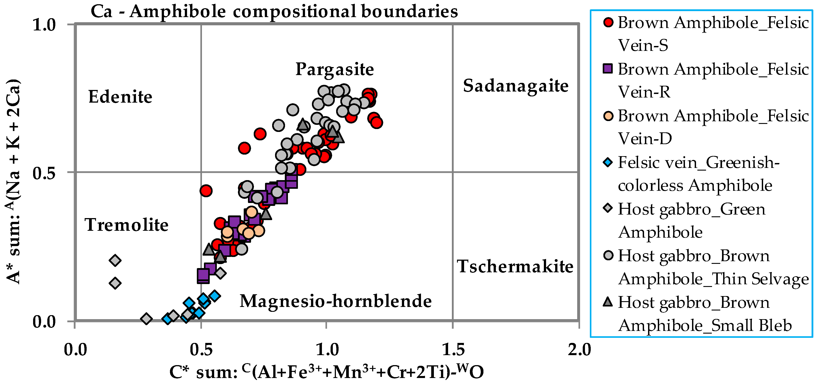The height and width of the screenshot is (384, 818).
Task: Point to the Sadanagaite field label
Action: click(515, 86)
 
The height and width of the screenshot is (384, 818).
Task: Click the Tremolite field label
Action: click(126, 225)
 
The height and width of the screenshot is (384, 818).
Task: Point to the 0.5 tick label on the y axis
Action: click(44, 173)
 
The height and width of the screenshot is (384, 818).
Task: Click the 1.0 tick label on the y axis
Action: click(44, 25)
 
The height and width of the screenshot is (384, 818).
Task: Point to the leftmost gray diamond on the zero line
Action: click(146, 319)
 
